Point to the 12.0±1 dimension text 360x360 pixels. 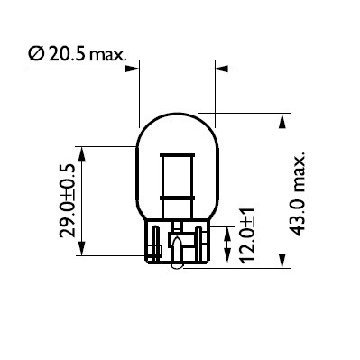click(245, 236)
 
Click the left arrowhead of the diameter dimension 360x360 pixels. click(135, 65)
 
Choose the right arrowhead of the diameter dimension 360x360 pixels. click(219, 65)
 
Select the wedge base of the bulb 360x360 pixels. click(177, 244)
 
